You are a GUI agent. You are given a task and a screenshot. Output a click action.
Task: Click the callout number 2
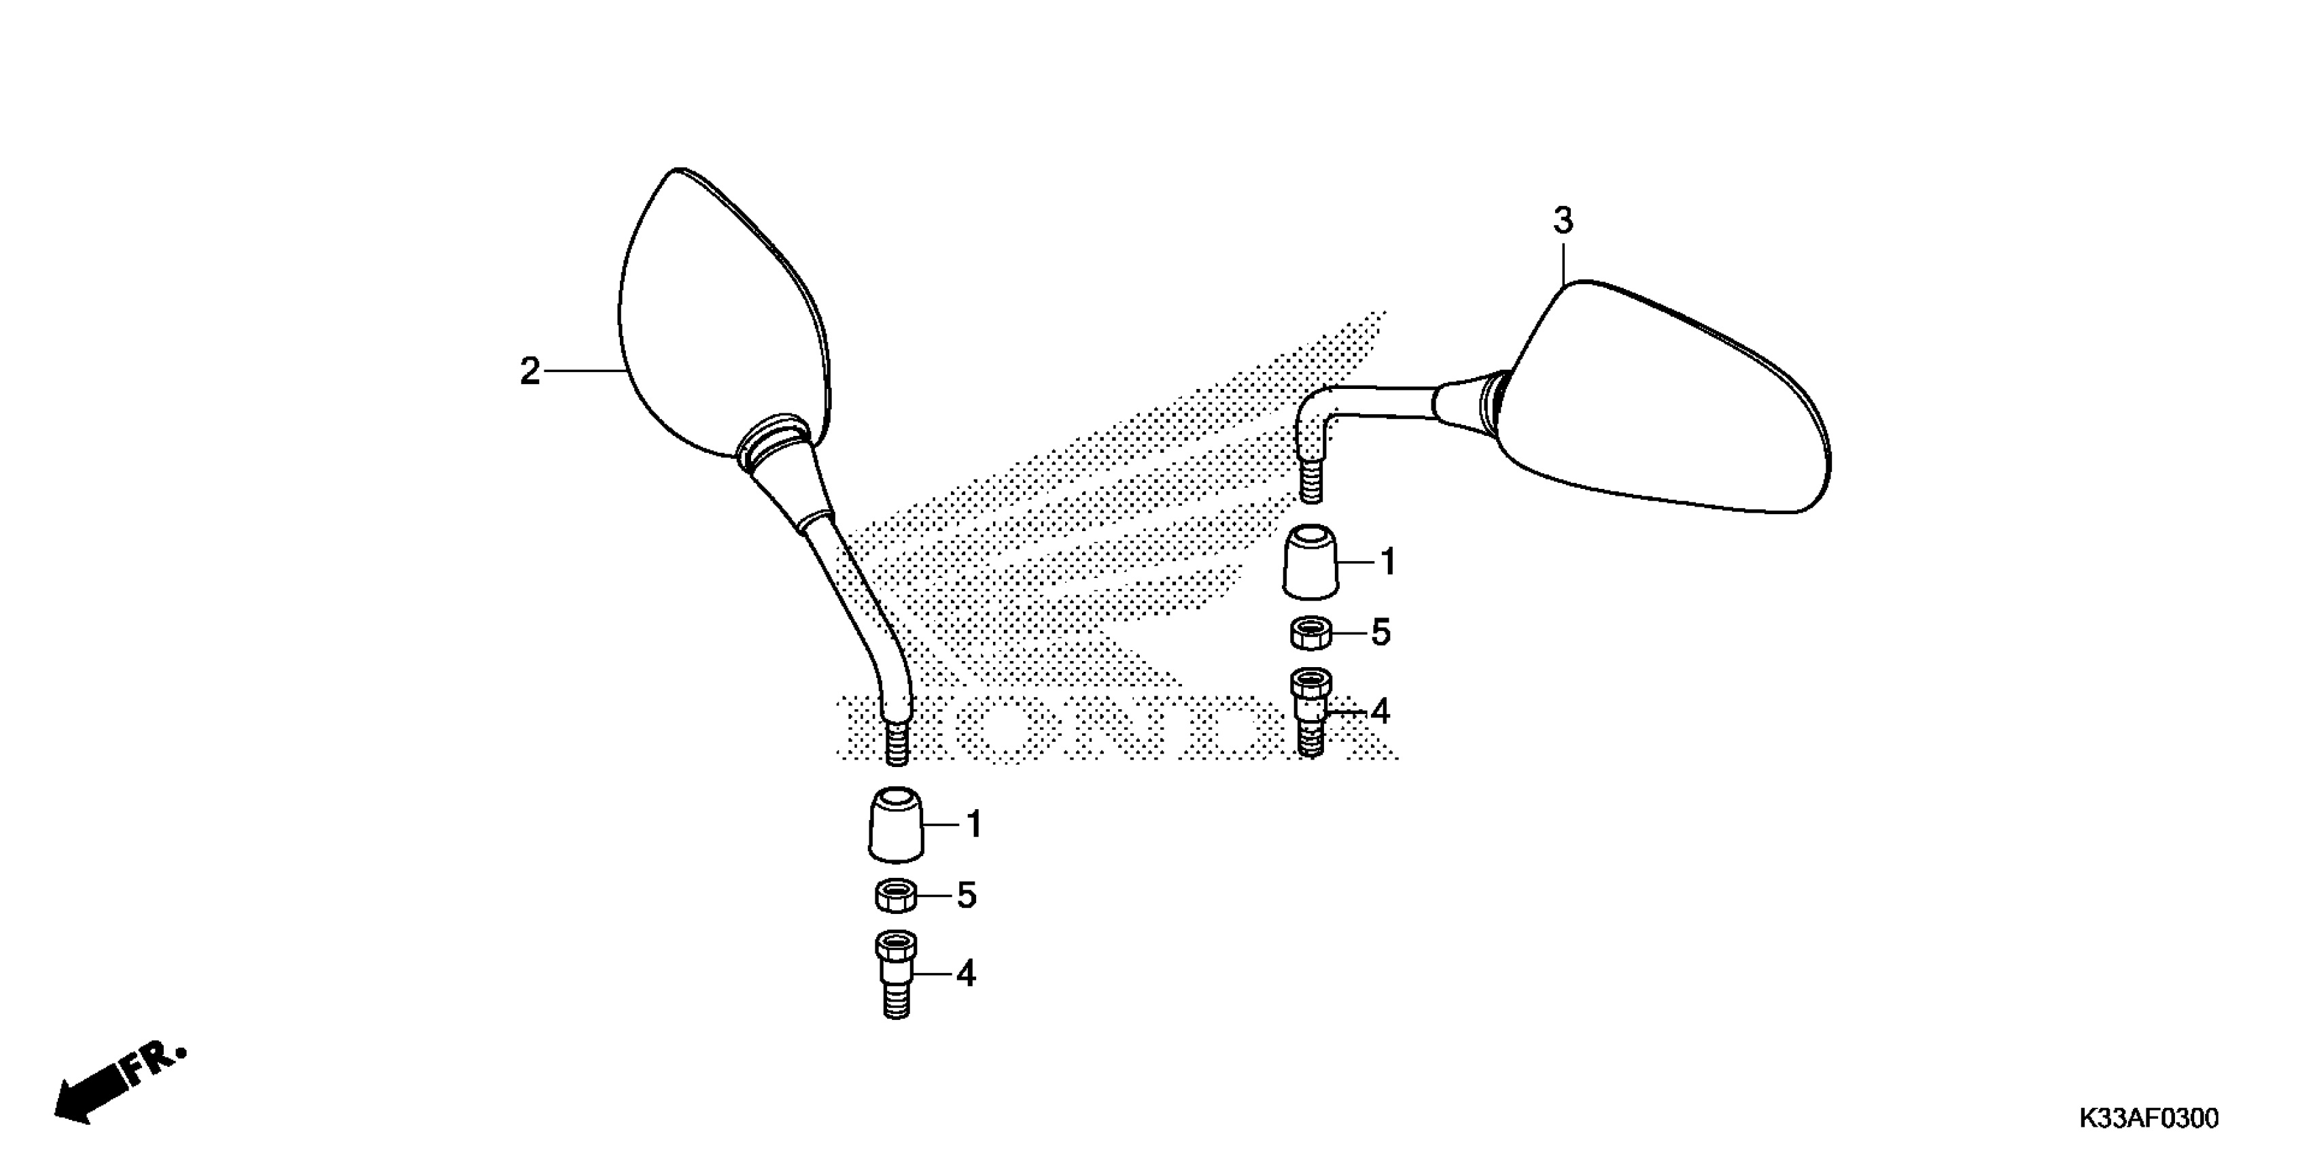[x=530, y=371]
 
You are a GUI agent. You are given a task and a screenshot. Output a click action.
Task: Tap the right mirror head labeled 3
[x=1669, y=404]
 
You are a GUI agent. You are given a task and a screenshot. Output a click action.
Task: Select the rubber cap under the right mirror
[x=1310, y=562]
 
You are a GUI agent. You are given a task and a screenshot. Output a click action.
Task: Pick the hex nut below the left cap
[x=895, y=895]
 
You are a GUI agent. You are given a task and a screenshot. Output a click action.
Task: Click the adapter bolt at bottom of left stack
[x=895, y=973]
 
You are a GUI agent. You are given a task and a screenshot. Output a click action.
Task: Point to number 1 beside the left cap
[x=974, y=825]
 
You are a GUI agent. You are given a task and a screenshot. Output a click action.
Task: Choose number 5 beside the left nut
[x=967, y=896]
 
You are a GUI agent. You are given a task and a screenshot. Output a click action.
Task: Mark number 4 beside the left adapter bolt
[x=965, y=974]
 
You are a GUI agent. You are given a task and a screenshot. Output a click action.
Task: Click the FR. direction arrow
[x=117, y=1084]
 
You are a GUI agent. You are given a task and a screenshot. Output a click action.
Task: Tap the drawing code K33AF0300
[x=2149, y=1119]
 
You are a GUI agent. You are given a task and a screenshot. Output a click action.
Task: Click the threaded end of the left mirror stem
[x=897, y=743]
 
